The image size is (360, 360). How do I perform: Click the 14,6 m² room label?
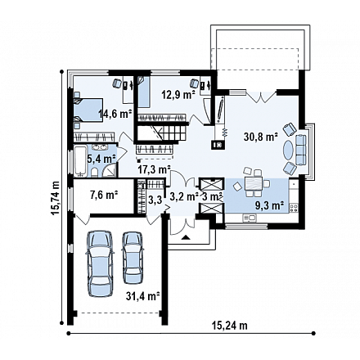(115, 114)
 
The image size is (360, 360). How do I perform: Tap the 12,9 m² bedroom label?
(178, 95)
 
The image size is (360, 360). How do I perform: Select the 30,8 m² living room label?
(261, 137)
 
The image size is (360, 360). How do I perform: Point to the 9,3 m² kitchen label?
(268, 205)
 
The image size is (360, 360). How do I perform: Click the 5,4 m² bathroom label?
(101, 159)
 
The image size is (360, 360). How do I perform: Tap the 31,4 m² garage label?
(142, 296)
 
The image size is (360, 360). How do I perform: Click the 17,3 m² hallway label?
(154, 169)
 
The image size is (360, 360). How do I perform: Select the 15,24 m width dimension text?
(230, 326)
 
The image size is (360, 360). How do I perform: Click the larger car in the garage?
(100, 263)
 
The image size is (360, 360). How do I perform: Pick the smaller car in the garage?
(133, 258)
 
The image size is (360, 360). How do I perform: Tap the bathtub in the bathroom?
(80, 161)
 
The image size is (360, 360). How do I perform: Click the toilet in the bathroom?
(94, 173)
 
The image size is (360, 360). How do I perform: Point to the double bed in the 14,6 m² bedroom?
(88, 110)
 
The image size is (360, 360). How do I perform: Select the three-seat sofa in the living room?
(301, 150)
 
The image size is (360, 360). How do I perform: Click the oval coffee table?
(288, 150)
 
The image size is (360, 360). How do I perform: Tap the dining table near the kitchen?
(254, 183)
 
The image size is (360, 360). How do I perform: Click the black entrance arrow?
(186, 237)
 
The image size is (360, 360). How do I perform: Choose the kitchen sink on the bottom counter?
(250, 218)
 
